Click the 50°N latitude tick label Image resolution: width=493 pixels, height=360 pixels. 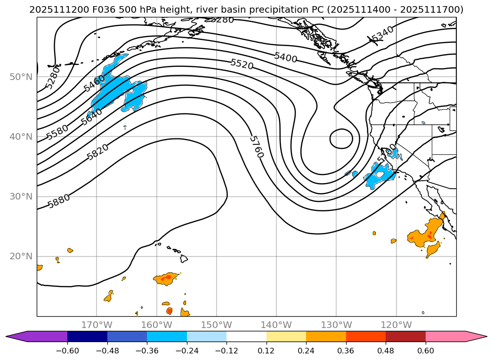click(21, 77)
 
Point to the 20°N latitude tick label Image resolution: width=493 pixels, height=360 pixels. click(21, 256)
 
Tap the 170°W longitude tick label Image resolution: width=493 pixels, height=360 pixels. click(97, 325)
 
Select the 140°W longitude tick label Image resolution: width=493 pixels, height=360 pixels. click(276, 325)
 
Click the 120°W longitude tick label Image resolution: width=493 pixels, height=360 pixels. click(396, 325)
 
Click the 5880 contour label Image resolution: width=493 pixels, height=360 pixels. click(59, 201)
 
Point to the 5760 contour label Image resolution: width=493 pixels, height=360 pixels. click(256, 147)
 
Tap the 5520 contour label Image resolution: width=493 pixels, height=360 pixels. click(242, 64)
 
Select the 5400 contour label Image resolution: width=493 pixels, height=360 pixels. click(285, 57)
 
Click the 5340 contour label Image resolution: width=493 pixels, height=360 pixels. click(382, 34)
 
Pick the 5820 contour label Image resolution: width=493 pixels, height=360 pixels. click(97, 152)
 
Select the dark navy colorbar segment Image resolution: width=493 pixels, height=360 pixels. click(87, 336)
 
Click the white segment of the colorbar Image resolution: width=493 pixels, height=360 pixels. click(246, 336)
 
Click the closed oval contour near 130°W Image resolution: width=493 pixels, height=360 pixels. click(341, 139)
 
